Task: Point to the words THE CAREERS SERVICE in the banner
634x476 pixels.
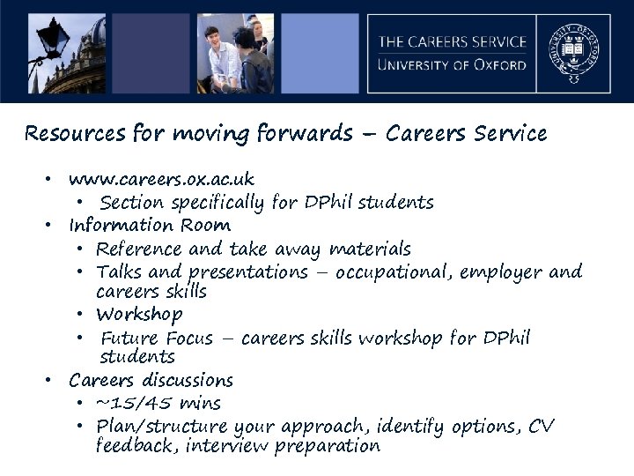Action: pyautogui.click(x=453, y=41)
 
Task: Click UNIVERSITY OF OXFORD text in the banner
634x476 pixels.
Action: pyautogui.click(x=453, y=64)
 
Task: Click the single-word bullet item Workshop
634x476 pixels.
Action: pyautogui.click(x=139, y=314)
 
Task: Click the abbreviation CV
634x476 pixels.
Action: pyautogui.click(x=542, y=426)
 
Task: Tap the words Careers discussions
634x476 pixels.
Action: pyautogui.click(x=151, y=381)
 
